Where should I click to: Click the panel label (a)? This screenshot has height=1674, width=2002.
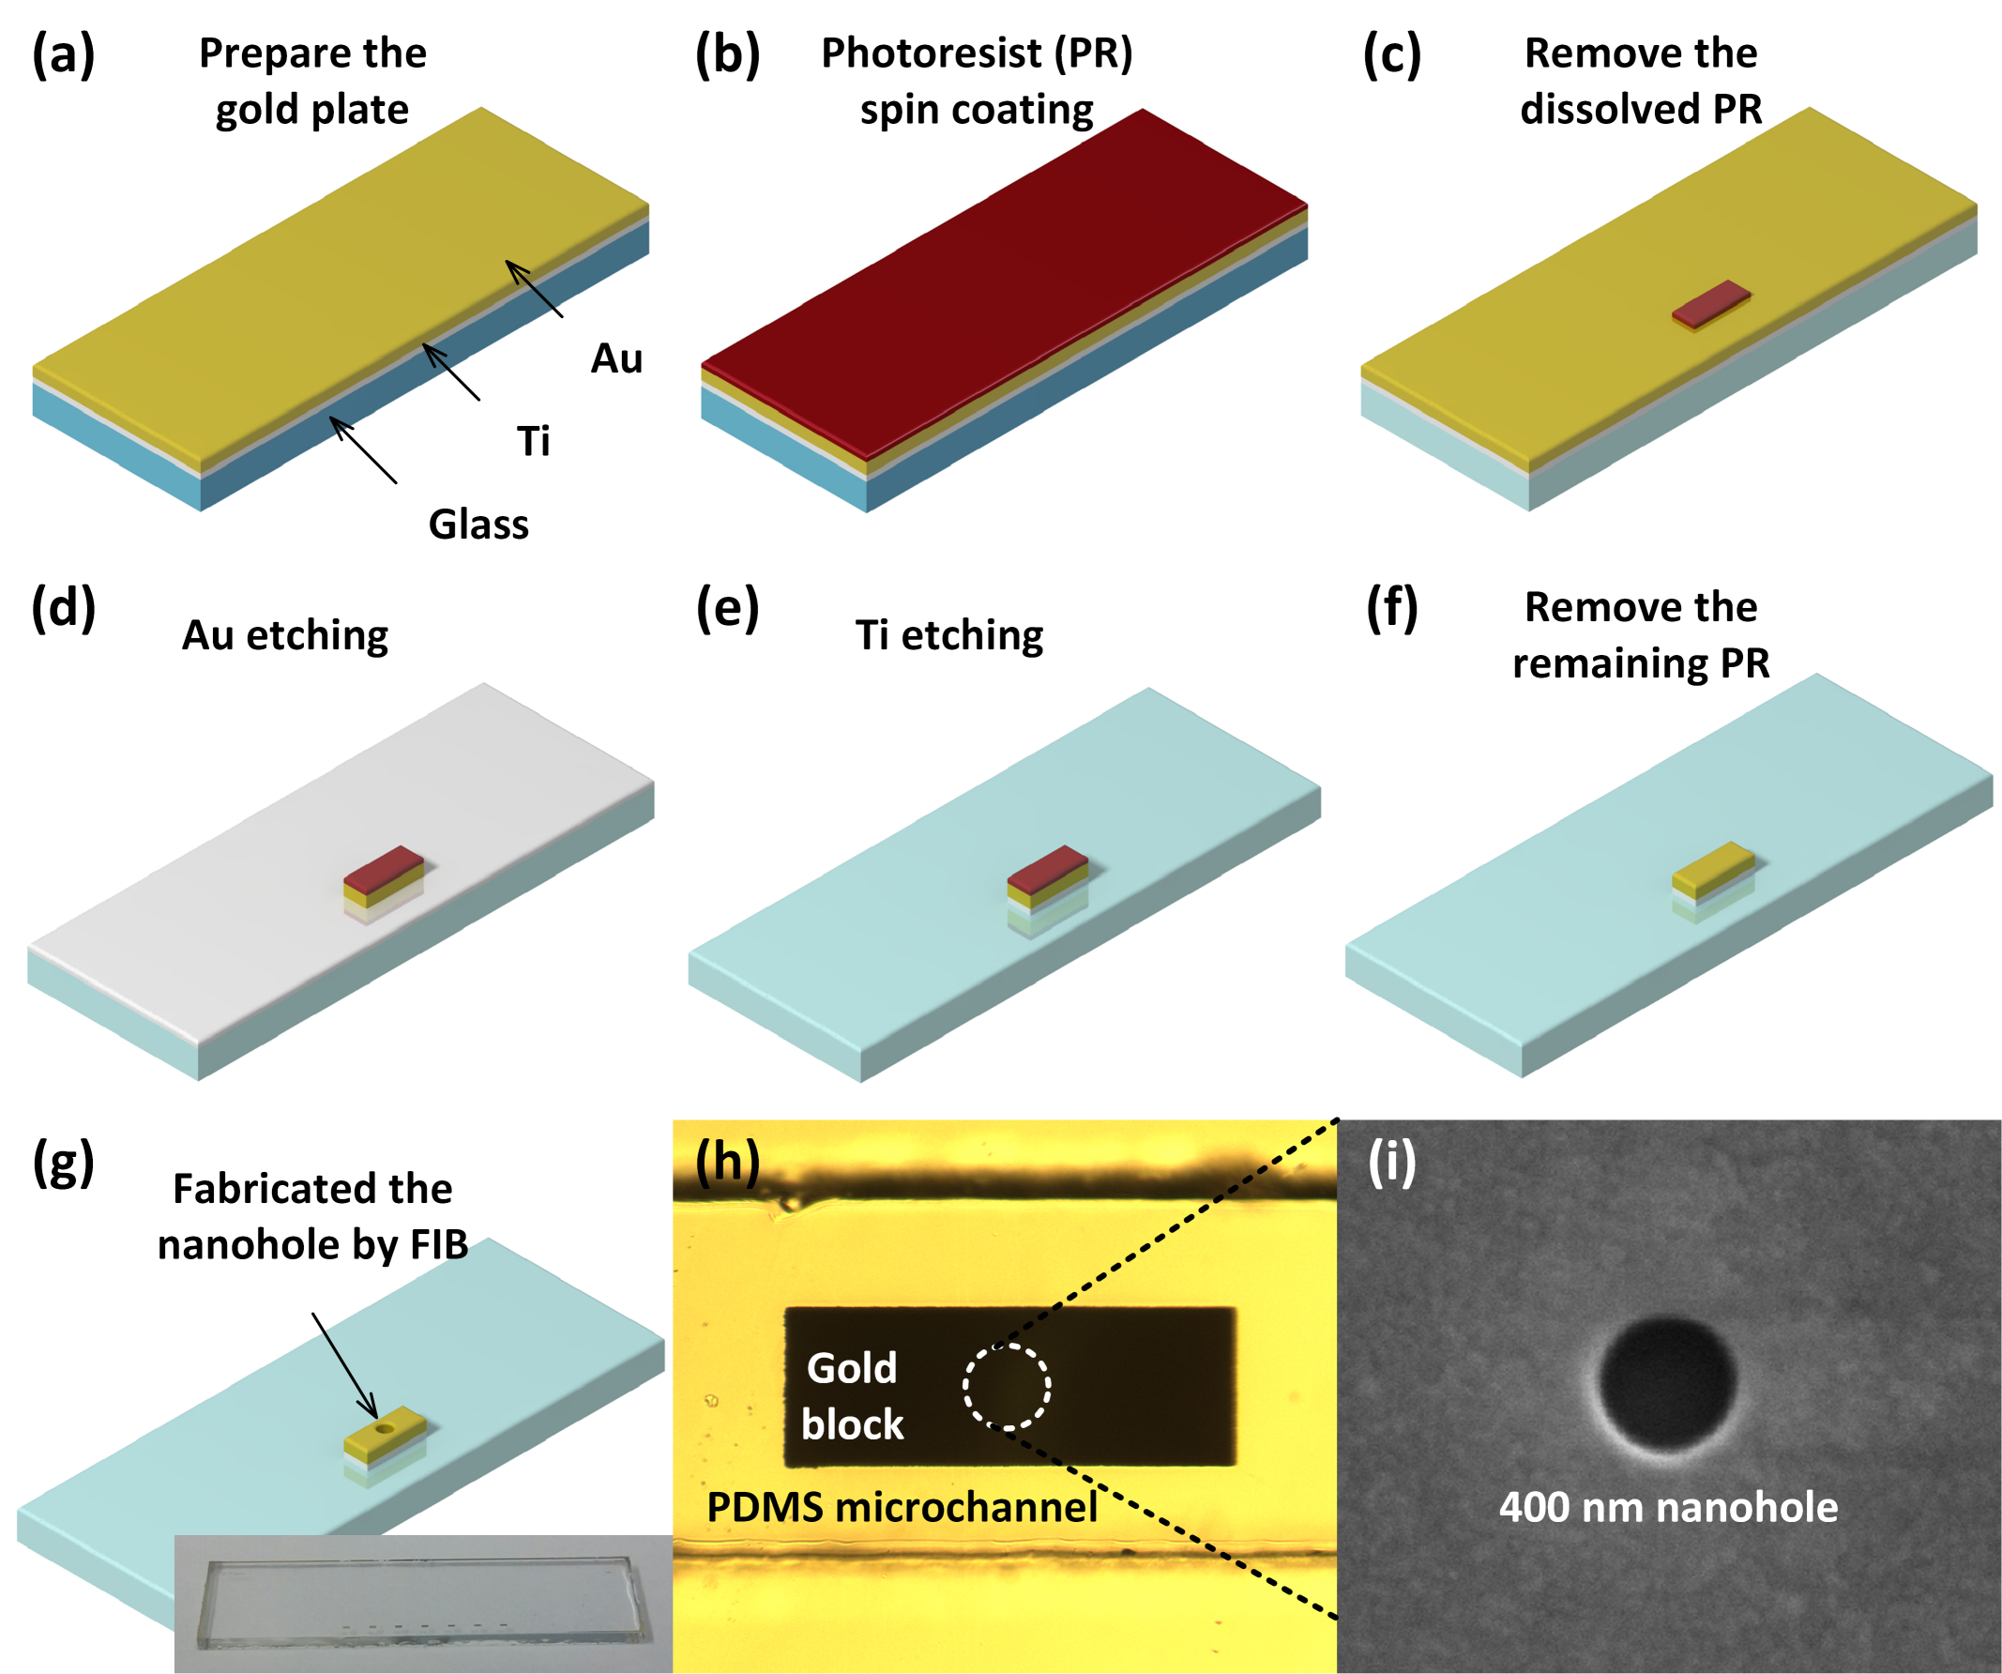click(63, 54)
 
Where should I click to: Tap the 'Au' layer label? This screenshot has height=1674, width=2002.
click(616, 359)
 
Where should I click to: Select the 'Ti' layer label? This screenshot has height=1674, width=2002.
click(533, 441)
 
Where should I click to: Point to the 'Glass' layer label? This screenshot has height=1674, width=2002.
click(478, 525)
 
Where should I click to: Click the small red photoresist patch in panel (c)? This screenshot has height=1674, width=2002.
click(1711, 304)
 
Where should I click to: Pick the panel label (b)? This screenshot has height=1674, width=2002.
click(727, 54)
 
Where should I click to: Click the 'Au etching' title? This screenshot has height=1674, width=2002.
click(285, 636)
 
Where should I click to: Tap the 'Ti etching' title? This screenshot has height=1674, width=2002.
click(949, 636)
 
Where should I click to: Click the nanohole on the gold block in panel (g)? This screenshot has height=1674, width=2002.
click(386, 1429)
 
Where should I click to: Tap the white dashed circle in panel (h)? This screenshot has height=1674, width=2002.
click(1007, 1386)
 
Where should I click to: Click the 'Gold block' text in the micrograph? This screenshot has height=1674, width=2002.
click(851, 1395)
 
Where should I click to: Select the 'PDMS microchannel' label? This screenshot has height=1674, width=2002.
click(902, 1507)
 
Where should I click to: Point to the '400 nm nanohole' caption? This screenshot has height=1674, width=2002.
click(1668, 1507)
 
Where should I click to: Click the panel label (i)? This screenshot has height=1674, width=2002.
click(1392, 1162)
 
